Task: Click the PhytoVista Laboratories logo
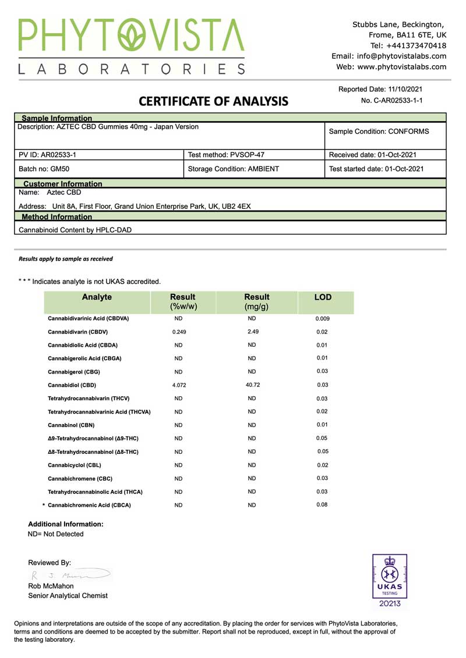(132, 47)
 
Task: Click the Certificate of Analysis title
(213, 101)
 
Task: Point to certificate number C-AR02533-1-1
(392, 101)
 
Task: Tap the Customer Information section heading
(62, 184)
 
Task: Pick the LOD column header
(323, 297)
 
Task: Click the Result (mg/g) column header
(256, 301)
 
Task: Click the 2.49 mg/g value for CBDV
(252, 332)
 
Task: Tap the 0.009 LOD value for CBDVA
(323, 319)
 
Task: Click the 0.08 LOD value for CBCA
(322, 504)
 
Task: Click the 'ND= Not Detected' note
(56, 534)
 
